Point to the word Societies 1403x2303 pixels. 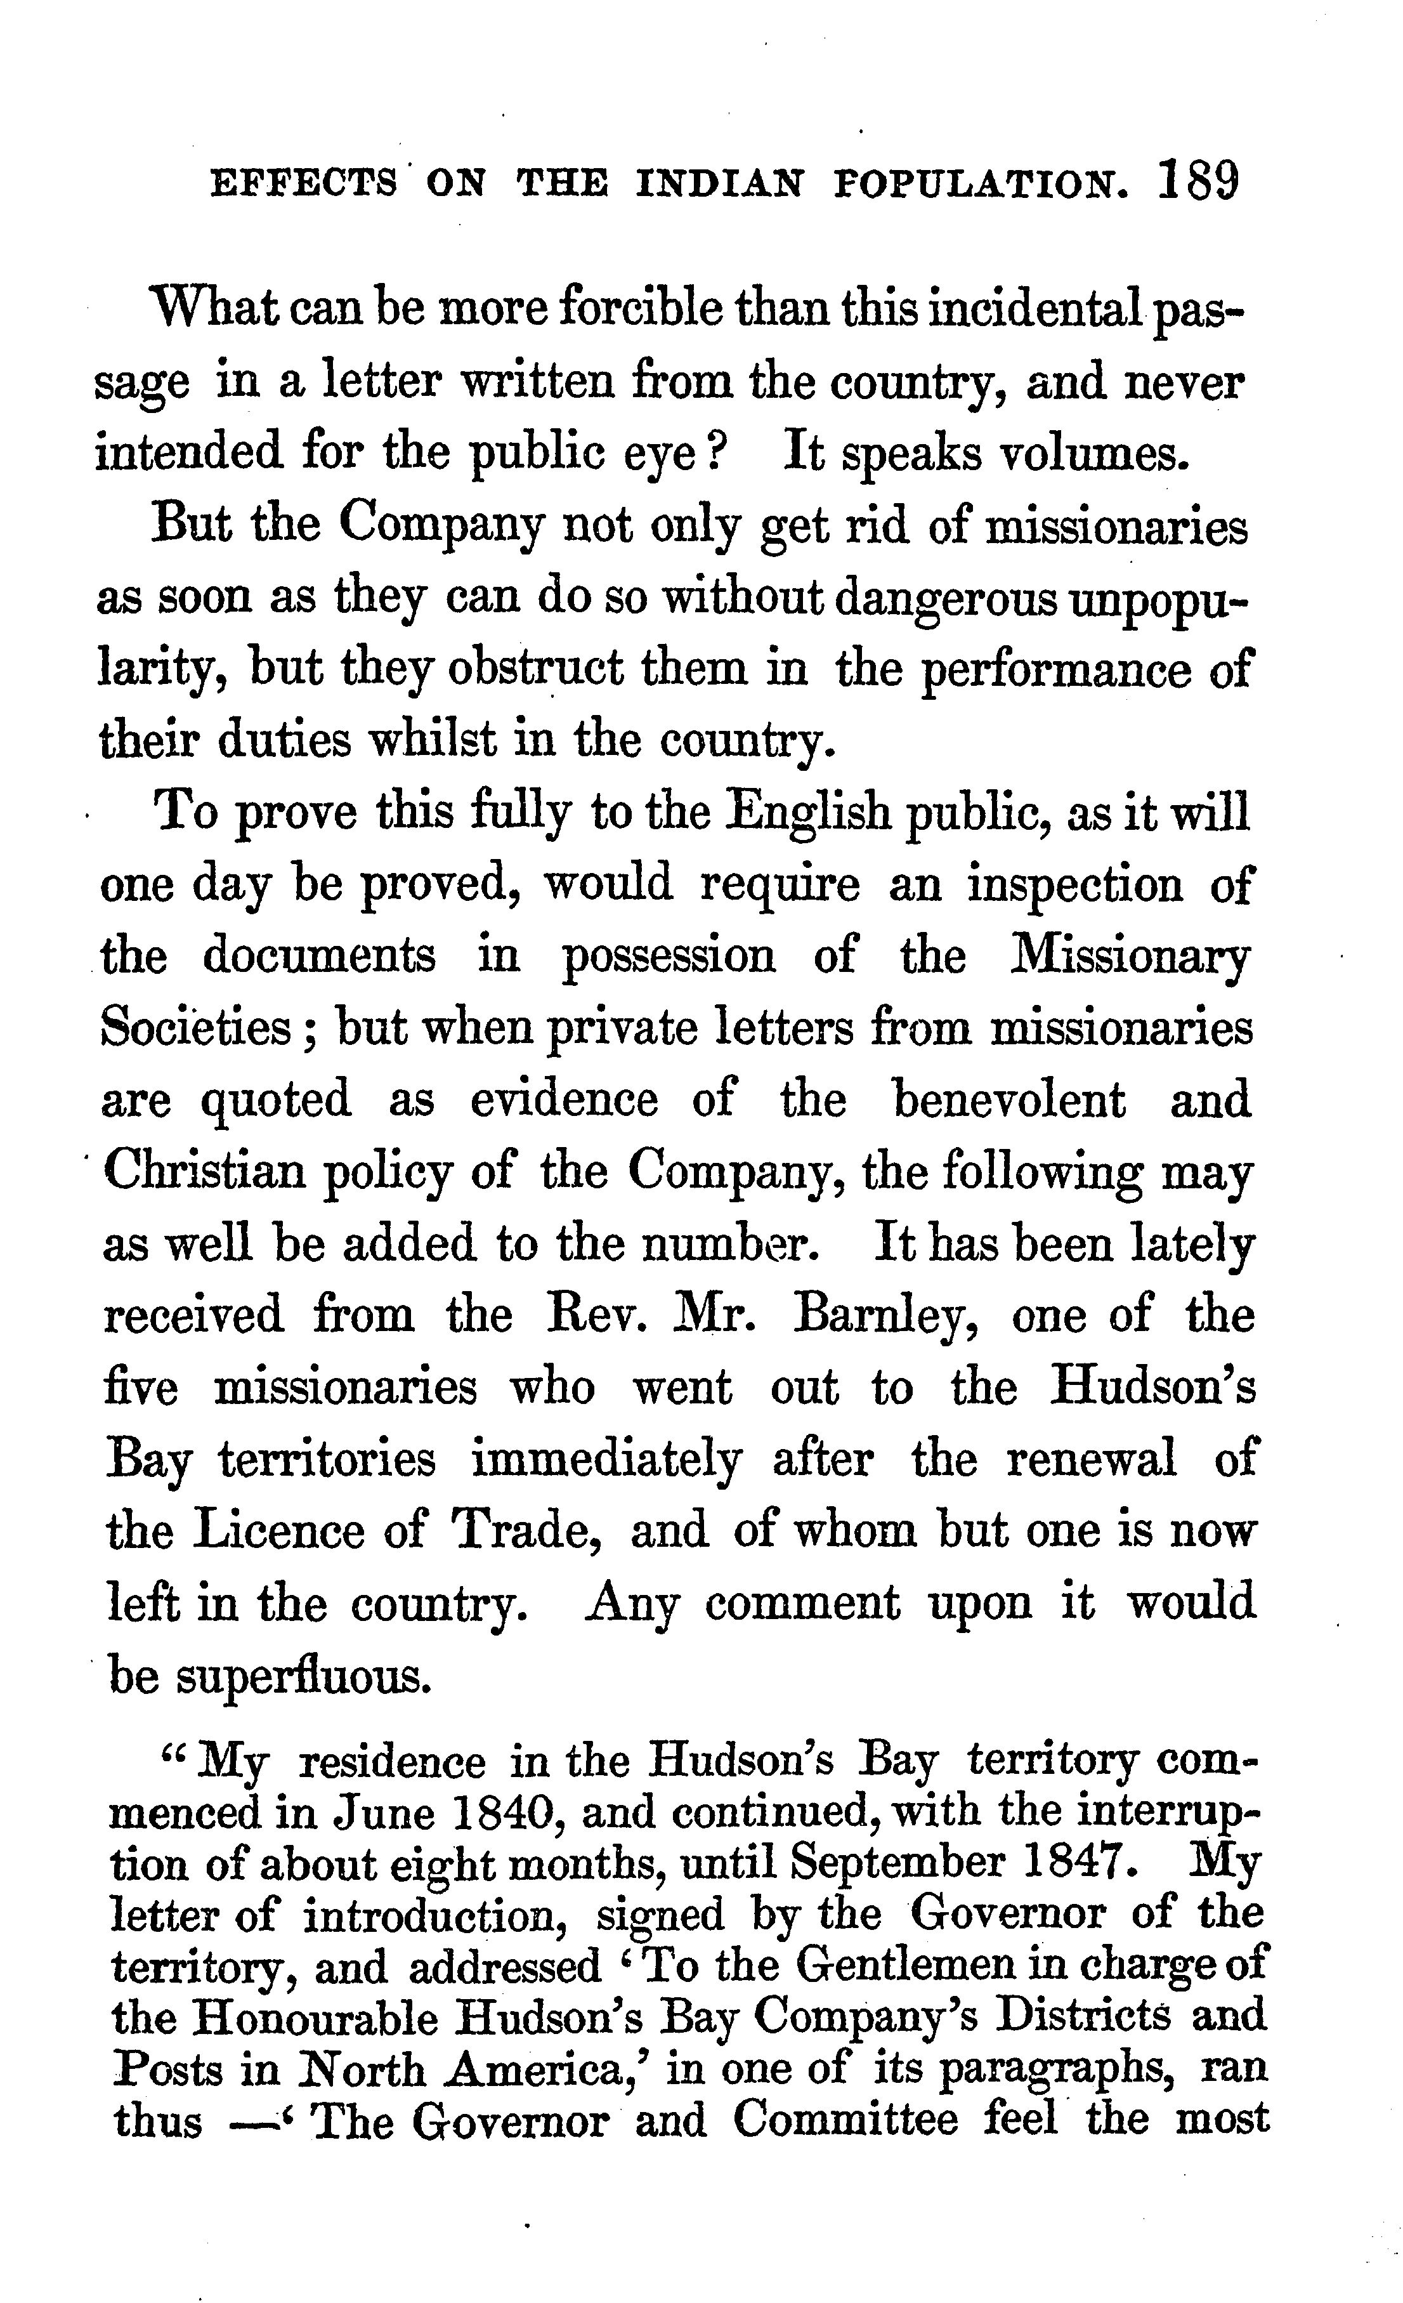click(x=196, y=1028)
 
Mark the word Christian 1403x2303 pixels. click(x=206, y=1171)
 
